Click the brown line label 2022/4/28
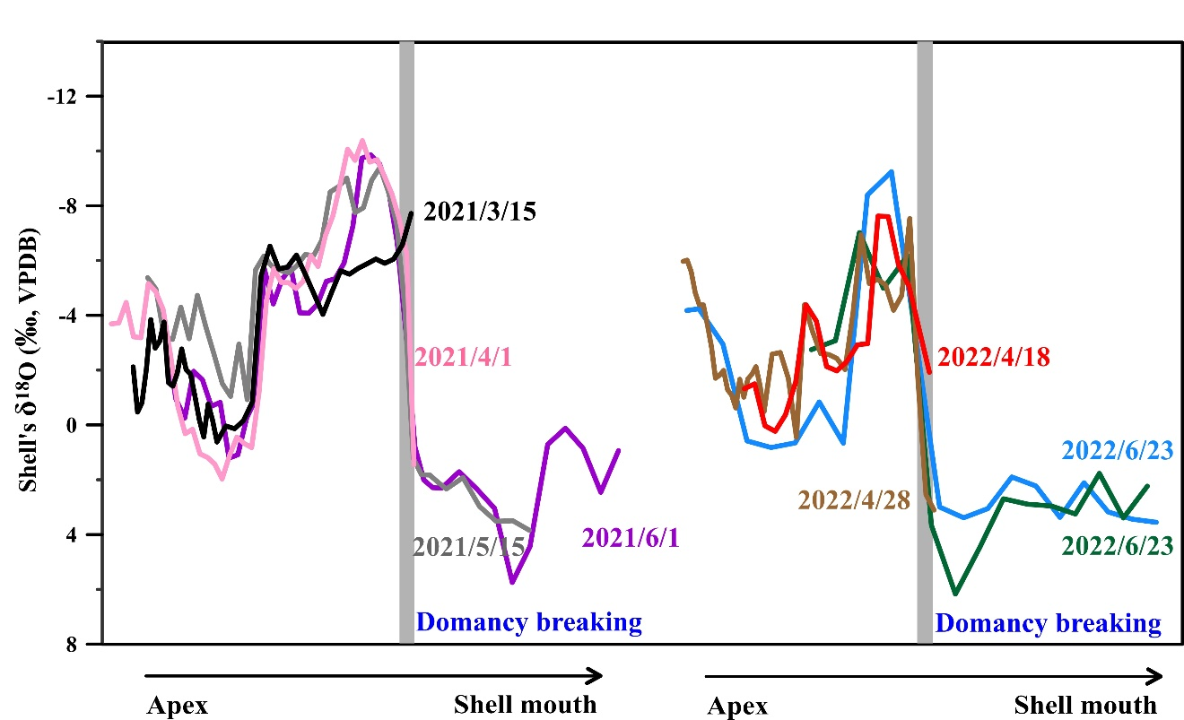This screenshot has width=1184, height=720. [853, 500]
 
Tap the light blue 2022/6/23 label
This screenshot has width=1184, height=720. [1117, 451]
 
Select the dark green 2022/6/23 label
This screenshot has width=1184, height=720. [1117, 546]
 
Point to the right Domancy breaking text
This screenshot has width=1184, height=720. [1049, 622]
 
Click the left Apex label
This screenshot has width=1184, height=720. [178, 706]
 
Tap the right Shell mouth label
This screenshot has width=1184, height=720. [1085, 704]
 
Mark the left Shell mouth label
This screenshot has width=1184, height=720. [525, 704]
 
